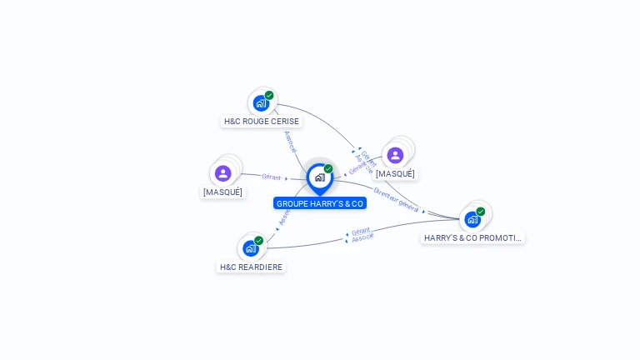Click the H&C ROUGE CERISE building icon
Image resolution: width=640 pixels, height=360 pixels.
(x=261, y=104)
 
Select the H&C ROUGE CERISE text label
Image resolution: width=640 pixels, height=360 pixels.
(x=262, y=122)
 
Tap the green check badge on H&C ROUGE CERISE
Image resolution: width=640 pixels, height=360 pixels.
(x=269, y=95)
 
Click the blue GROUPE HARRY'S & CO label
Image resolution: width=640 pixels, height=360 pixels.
(x=320, y=203)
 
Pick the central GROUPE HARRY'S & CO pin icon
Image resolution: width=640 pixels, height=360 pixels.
(x=319, y=177)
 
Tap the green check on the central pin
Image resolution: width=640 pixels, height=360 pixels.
(x=328, y=169)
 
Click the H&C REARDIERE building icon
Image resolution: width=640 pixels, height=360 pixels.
(x=251, y=248)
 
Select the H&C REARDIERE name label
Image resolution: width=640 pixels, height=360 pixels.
(x=251, y=267)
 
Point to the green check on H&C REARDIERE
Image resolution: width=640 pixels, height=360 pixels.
(x=259, y=240)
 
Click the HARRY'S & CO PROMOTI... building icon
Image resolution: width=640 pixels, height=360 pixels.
(x=472, y=220)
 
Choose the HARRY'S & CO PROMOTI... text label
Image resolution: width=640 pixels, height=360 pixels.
(x=472, y=238)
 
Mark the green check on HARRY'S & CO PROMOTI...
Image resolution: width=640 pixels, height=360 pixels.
(x=481, y=212)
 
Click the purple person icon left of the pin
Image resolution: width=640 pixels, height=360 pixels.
(x=222, y=173)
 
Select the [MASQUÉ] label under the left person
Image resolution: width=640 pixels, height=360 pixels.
(x=222, y=192)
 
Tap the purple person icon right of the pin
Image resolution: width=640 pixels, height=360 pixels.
(x=395, y=155)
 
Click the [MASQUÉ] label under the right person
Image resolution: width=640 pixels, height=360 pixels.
(x=395, y=174)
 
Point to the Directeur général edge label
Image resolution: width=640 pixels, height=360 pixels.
(x=396, y=200)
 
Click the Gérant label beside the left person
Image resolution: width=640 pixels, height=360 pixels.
(x=271, y=177)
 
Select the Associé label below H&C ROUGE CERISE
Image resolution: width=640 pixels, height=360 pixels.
(x=290, y=141)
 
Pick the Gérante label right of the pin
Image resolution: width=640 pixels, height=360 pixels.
(x=361, y=164)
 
